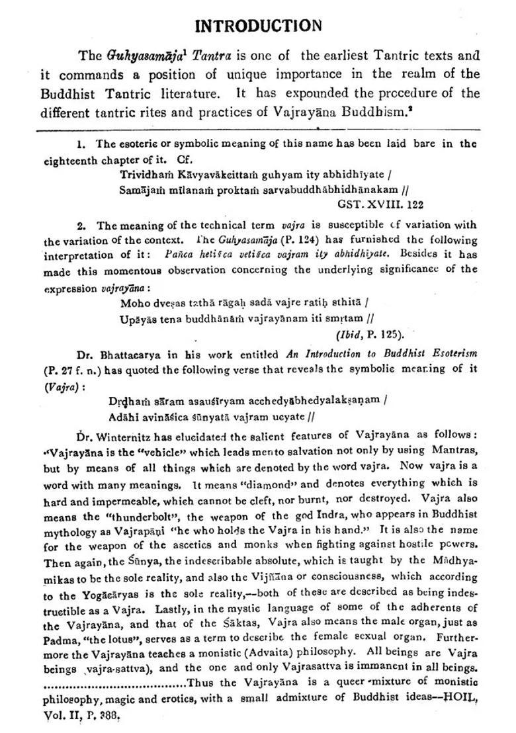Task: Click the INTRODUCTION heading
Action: click(259, 26)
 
